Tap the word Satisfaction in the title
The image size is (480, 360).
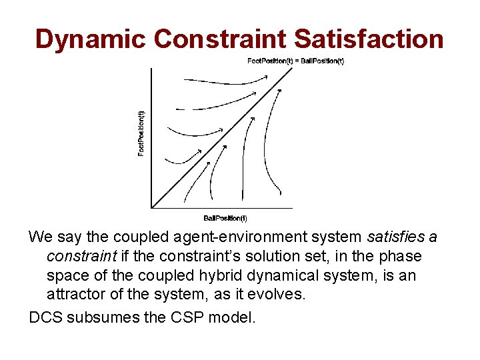click(369, 39)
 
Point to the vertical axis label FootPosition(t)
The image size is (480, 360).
click(141, 133)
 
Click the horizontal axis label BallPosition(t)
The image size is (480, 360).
click(225, 218)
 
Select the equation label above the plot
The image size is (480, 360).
click(295, 61)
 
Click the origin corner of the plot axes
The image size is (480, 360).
click(153, 207)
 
